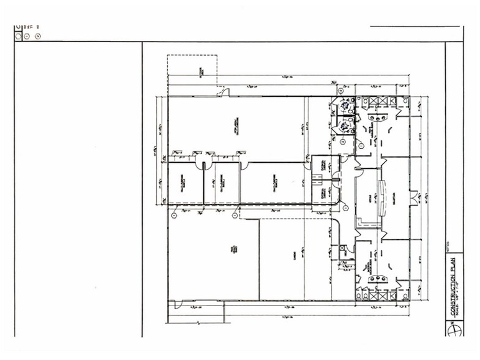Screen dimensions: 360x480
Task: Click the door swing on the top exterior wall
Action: point(225,93)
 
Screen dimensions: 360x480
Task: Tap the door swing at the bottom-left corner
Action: point(174,304)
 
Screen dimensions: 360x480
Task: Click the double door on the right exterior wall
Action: point(419,197)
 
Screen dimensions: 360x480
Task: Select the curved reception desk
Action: point(383,197)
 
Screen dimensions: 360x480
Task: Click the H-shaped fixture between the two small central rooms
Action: point(317,179)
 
